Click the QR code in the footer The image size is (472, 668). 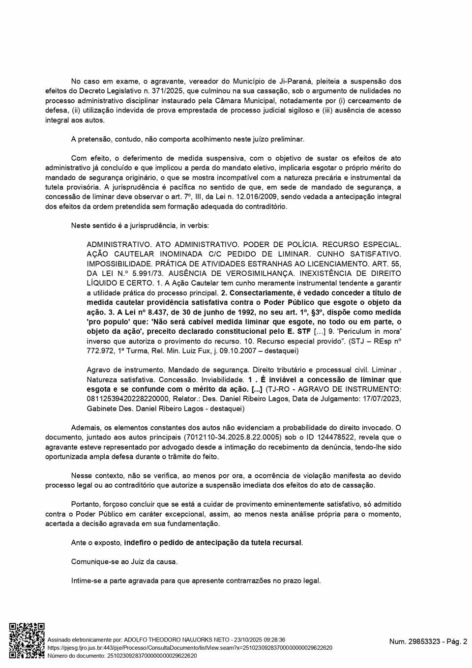pyautogui.click(x=27, y=640)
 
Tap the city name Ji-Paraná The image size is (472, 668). pyautogui.click(x=295, y=81)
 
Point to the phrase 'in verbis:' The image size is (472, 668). pyautogui.click(x=195, y=226)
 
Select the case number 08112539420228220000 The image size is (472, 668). pyautogui.click(x=128, y=399)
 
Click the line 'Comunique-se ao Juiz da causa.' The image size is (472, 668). pyautogui.click(x=124, y=561)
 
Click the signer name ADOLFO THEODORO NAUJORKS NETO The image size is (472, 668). pyautogui.click(x=177, y=639)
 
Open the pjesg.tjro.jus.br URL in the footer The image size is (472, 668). pyautogui.click(x=190, y=648)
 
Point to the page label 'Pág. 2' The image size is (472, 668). pyautogui.click(x=457, y=641)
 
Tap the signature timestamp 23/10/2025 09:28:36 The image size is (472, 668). pyautogui.click(x=260, y=639)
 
